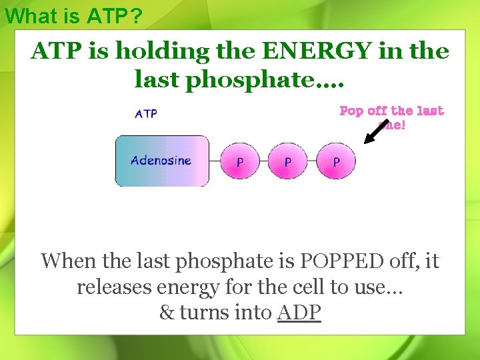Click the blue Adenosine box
click(x=162, y=161)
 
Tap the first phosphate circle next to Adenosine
click(x=240, y=161)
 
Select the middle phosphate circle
click(x=288, y=161)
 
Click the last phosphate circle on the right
click(x=336, y=161)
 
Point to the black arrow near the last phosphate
click(x=376, y=132)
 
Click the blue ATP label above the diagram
click(x=146, y=114)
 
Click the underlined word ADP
click(x=299, y=312)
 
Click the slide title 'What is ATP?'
click(x=73, y=16)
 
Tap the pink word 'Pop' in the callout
click(x=351, y=111)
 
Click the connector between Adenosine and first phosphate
click(x=218, y=161)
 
